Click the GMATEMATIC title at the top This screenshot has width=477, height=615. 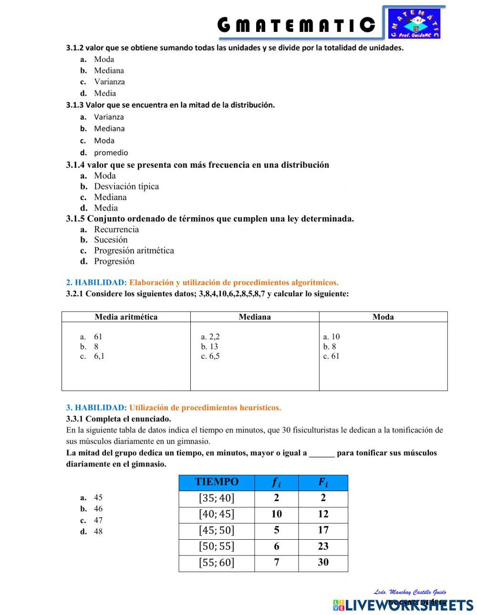(296, 25)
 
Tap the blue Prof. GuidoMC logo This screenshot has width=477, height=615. (415, 23)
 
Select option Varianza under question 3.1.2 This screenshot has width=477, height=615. (109, 81)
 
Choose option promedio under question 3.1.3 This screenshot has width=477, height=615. (111, 153)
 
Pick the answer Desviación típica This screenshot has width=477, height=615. (126, 186)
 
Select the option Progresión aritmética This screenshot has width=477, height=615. (134, 251)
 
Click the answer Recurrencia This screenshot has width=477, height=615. (116, 229)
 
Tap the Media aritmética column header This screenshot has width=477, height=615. (126, 317)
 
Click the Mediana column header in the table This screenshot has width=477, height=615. (255, 317)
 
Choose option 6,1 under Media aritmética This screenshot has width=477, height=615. (99, 356)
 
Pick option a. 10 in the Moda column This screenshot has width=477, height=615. (332, 336)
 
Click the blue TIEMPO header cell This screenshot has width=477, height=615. (217, 482)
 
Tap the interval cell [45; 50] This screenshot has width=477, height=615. (217, 530)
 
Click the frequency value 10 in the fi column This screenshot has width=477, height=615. (276, 514)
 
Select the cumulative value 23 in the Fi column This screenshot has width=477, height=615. (323, 546)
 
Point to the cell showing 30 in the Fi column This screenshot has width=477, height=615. (323, 562)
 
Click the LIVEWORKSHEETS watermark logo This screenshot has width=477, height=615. (403, 605)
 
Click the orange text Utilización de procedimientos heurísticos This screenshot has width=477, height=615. (205, 408)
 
